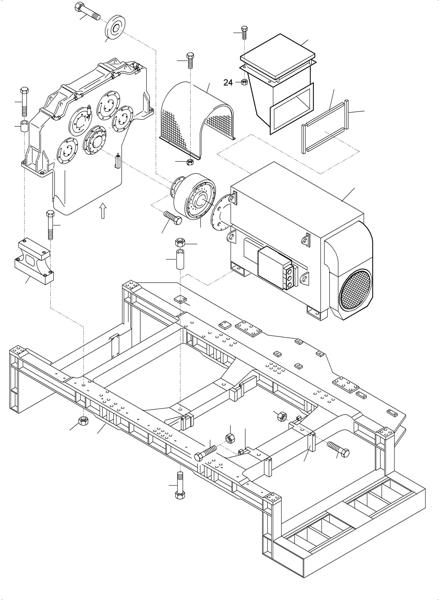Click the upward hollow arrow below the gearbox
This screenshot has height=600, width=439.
pos(103,211)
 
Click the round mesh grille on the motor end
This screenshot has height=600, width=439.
pos(355,289)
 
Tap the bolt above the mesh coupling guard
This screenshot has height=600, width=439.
pos(190,60)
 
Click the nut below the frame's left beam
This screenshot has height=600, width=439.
pos(83,420)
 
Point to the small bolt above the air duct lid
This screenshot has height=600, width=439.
pos(244,32)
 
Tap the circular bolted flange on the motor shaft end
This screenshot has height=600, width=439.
pos(221,211)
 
